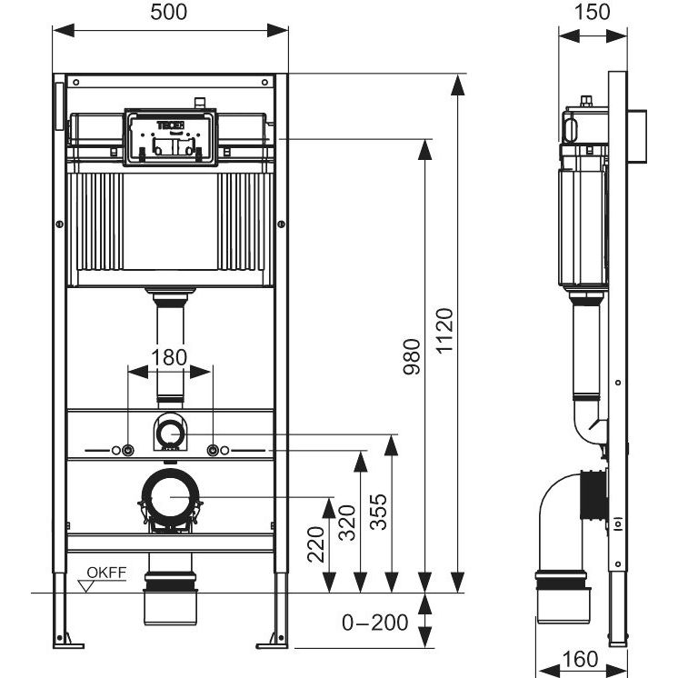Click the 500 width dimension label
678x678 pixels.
tap(170, 13)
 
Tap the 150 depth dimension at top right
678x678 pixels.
tap(593, 13)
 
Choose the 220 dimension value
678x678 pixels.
tap(315, 543)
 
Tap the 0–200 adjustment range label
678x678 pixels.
tap(374, 623)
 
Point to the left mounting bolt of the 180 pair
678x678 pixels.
tap(127, 451)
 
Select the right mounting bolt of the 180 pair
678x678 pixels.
tap(213, 451)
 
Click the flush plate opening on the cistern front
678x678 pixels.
tap(170, 139)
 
